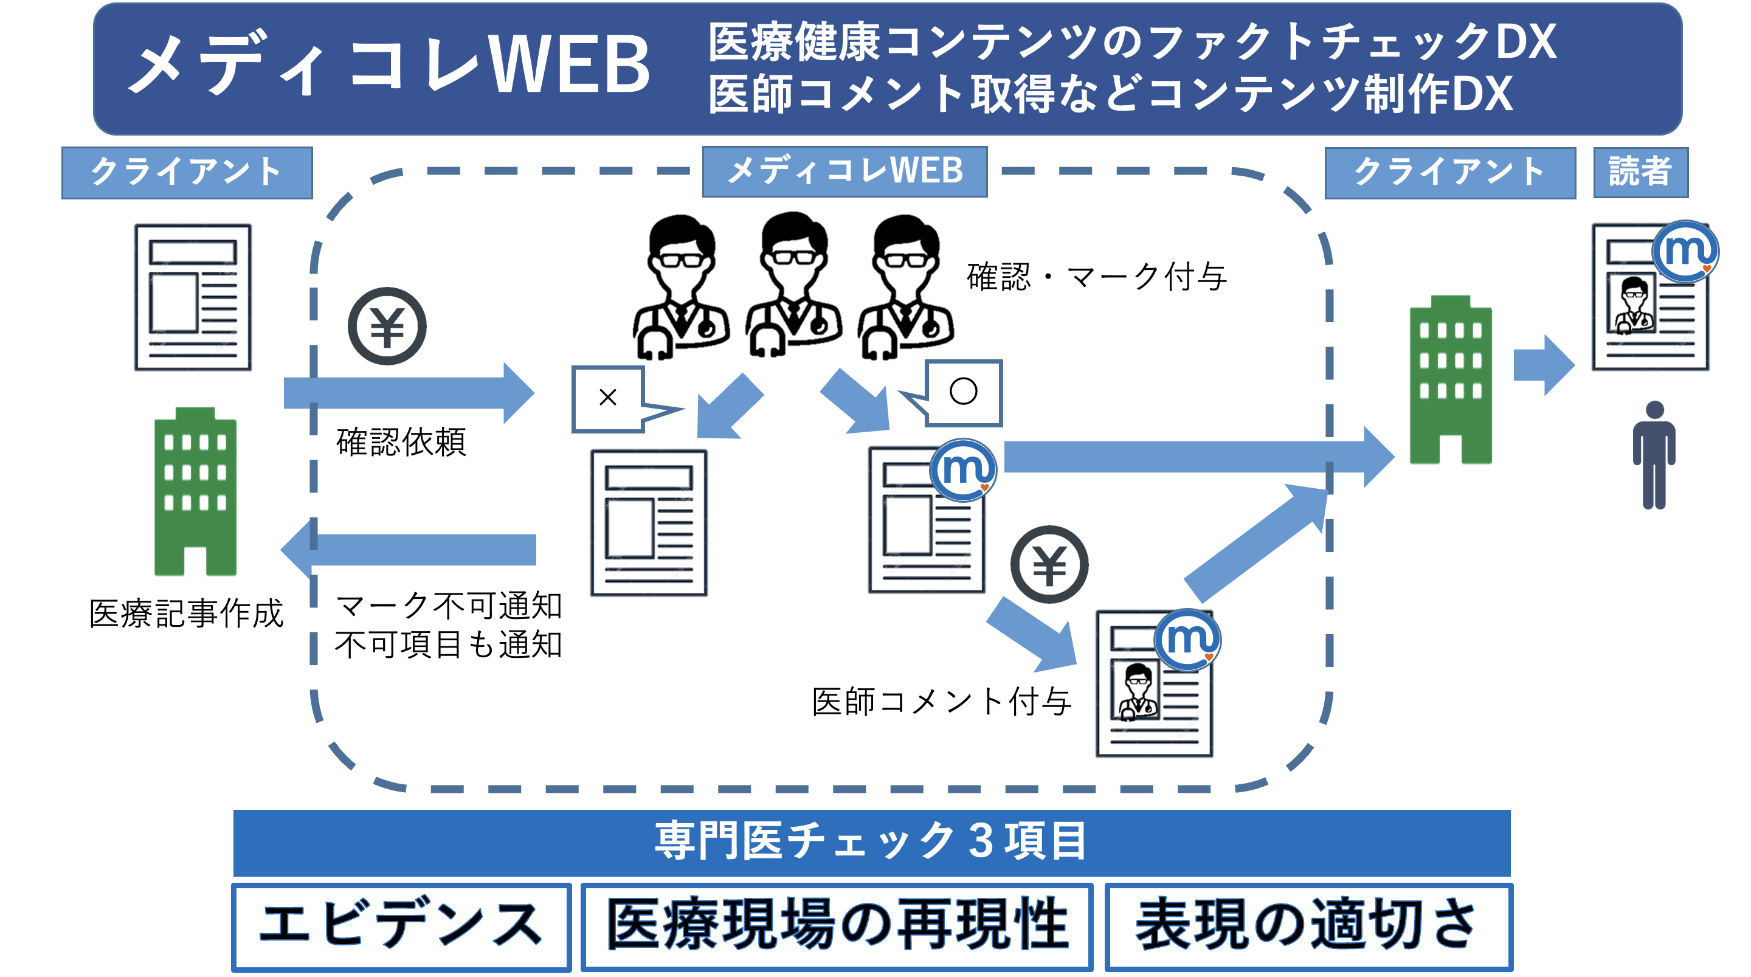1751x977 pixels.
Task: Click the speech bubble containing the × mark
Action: pyautogui.click(x=609, y=398)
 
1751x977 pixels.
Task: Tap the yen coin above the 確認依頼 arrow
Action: pyautogui.click(x=387, y=326)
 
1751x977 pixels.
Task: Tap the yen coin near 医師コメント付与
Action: pyautogui.click(x=1049, y=564)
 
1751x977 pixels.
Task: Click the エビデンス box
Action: pyautogui.click(x=401, y=927)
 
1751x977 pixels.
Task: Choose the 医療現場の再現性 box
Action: pyautogui.click(x=837, y=927)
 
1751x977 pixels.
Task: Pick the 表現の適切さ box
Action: pyautogui.click(x=1308, y=927)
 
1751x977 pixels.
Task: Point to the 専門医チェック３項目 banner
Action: pyautogui.click(x=871, y=841)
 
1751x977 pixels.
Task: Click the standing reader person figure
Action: pyautogui.click(x=1654, y=455)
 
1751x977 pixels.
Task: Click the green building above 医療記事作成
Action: pyautogui.click(x=195, y=491)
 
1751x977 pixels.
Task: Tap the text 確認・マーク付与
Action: pyautogui.click(x=1096, y=277)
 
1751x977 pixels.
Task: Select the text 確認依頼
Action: pyautogui.click(x=401, y=442)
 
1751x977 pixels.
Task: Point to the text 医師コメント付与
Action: pyautogui.click(x=941, y=702)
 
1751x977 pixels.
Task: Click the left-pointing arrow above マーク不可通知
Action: pyautogui.click(x=409, y=550)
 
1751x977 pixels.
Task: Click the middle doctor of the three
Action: pyautogui.click(x=793, y=286)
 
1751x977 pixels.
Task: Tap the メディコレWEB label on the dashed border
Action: pyautogui.click(x=844, y=171)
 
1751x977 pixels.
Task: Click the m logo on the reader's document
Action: pyautogui.click(x=1685, y=251)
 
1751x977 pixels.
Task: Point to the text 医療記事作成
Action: pyautogui.click(x=186, y=614)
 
